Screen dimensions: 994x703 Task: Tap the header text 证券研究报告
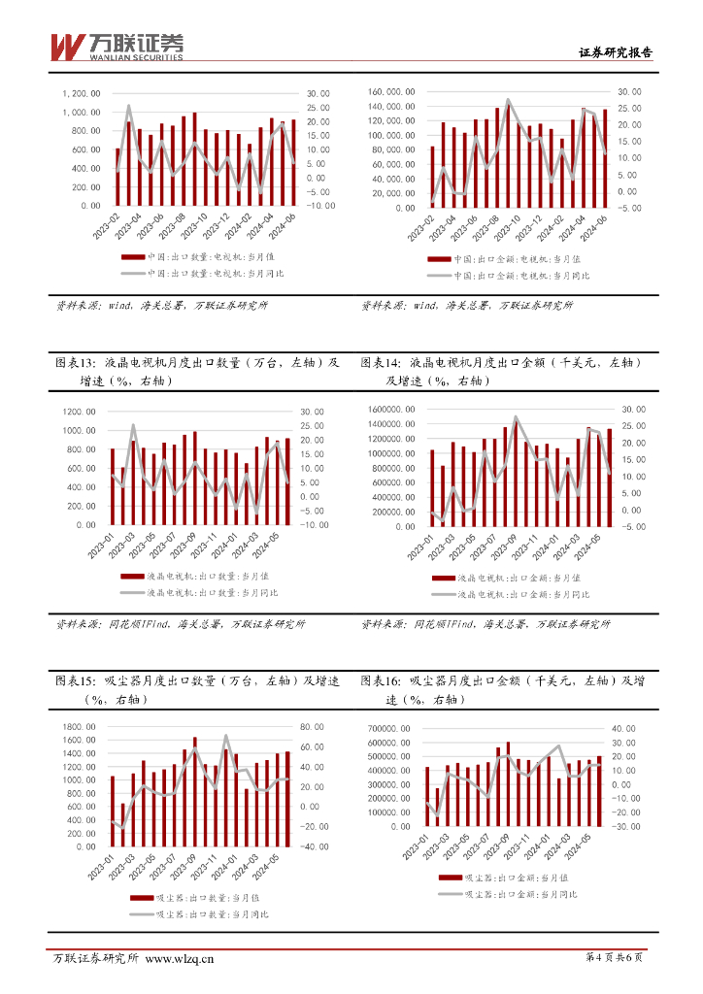pyautogui.click(x=616, y=53)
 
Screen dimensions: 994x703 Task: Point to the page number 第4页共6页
pyautogui.click(x=615, y=959)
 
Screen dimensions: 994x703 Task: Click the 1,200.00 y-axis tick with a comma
pyautogui.click(x=82, y=93)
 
